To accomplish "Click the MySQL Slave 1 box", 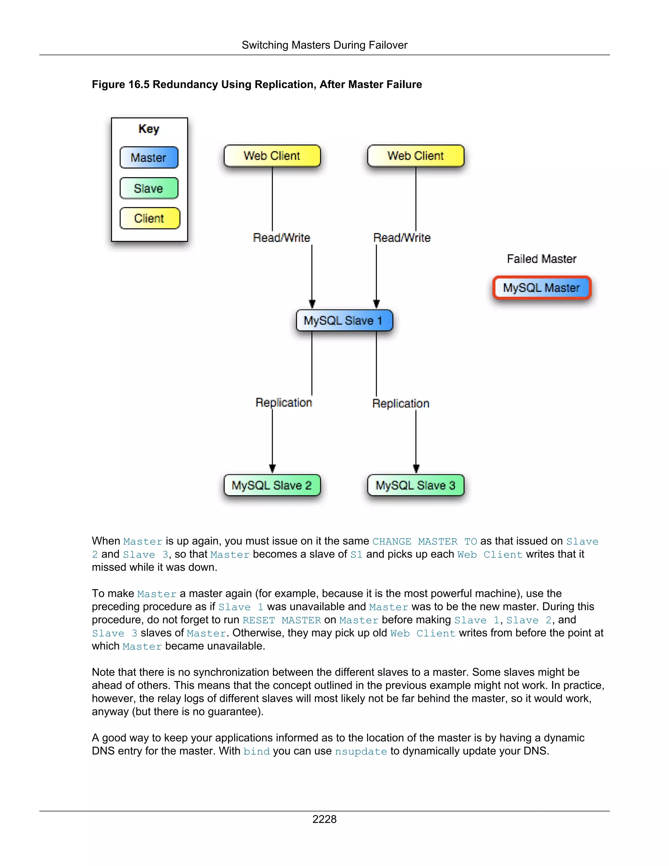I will click(x=344, y=320).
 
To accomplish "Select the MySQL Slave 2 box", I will click(x=272, y=485).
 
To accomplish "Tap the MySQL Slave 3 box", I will click(x=416, y=485).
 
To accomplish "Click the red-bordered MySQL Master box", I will click(x=541, y=288).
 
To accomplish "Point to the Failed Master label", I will click(x=541, y=259).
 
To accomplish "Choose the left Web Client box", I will click(x=272, y=156).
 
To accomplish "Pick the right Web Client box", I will click(x=416, y=156).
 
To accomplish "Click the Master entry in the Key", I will click(x=149, y=158).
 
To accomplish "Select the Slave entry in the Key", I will click(x=149, y=188).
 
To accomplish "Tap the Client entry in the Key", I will click(x=149, y=218).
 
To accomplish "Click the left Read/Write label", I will click(x=281, y=238).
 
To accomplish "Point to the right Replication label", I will click(x=401, y=403).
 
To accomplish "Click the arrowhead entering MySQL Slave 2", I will click(x=272, y=469).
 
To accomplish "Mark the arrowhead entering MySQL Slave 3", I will click(x=416, y=469).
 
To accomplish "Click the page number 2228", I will click(x=324, y=819).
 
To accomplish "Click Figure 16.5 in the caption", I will click(x=121, y=84).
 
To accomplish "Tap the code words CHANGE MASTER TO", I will click(x=424, y=541).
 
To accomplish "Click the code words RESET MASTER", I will click(x=281, y=620).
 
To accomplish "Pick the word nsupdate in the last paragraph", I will click(x=361, y=751).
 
